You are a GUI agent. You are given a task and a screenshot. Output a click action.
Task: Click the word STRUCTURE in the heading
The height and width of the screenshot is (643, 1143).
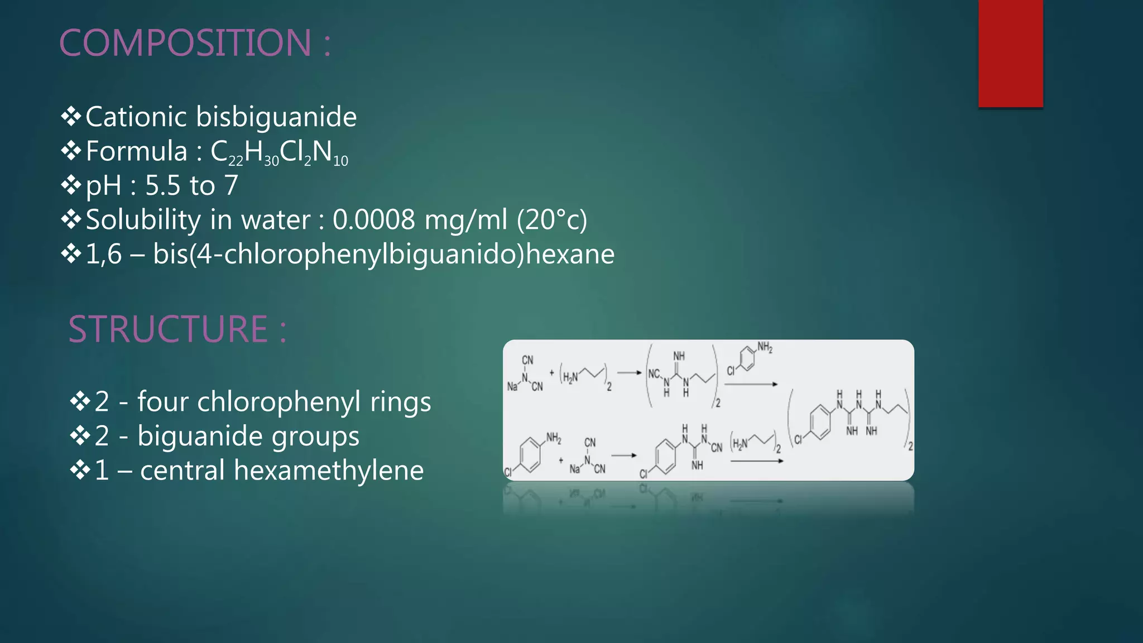(x=168, y=329)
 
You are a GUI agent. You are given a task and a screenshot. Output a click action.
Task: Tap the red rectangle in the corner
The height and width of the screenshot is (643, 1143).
(x=1010, y=53)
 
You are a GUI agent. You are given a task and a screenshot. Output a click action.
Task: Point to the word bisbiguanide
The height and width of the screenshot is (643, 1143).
(x=276, y=117)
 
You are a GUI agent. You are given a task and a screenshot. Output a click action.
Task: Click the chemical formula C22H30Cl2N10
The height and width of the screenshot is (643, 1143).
(x=279, y=152)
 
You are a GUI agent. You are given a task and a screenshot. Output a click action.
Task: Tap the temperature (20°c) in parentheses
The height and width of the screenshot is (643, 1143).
(x=552, y=220)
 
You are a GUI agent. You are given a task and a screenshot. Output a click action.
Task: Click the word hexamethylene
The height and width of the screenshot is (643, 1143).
(x=329, y=470)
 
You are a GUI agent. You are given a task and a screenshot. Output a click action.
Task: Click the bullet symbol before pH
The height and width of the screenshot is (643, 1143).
(x=71, y=185)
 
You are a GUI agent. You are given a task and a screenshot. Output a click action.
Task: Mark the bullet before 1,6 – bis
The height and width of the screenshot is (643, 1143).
(x=71, y=254)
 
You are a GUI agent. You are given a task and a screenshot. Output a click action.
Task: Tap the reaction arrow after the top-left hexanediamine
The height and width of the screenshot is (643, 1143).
(x=629, y=373)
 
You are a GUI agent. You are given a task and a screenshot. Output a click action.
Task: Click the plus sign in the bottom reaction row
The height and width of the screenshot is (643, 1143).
(x=561, y=460)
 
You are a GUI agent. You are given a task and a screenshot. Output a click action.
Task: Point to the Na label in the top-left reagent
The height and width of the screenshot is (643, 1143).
(x=512, y=386)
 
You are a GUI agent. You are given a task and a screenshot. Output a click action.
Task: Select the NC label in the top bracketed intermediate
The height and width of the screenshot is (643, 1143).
(x=654, y=373)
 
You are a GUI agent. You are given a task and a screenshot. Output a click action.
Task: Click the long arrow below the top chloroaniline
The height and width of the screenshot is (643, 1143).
(x=751, y=384)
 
